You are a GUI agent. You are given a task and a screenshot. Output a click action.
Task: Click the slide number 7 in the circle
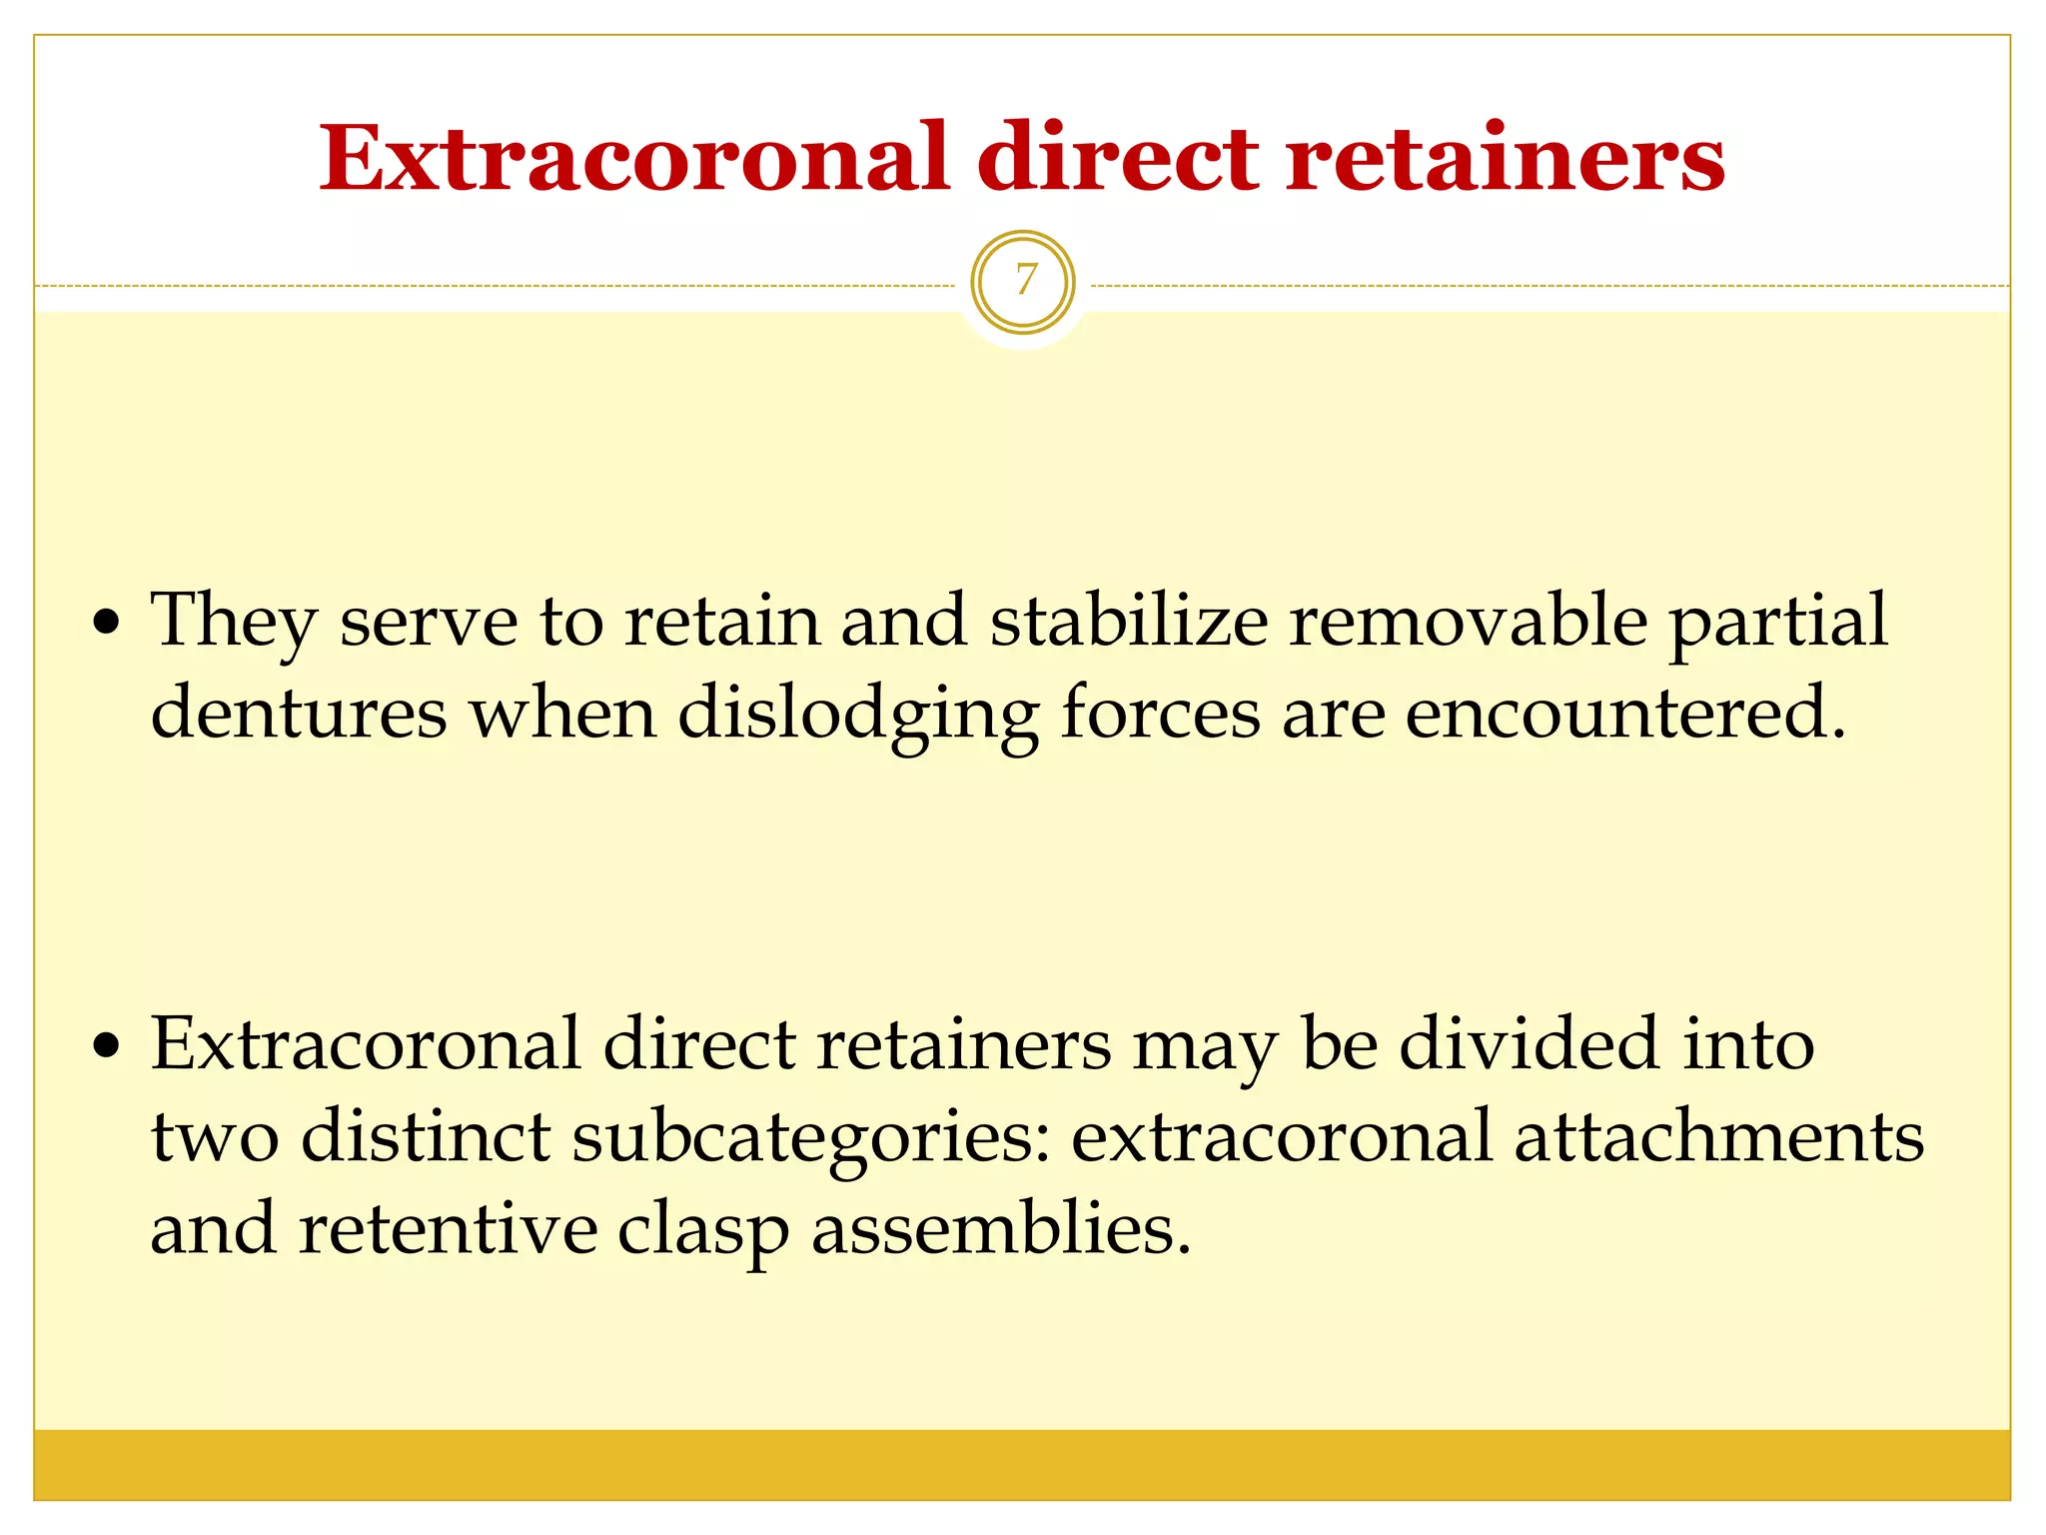pos(1023,282)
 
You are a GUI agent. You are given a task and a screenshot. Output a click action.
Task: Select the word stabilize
pos(1128,620)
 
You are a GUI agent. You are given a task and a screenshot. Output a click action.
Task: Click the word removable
pos(1468,620)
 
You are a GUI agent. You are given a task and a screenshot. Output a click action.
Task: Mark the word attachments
pos(1718,1137)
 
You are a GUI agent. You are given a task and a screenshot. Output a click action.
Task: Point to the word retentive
pos(448,1229)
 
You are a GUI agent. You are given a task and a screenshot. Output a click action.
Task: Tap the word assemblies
pos(1000,1229)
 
